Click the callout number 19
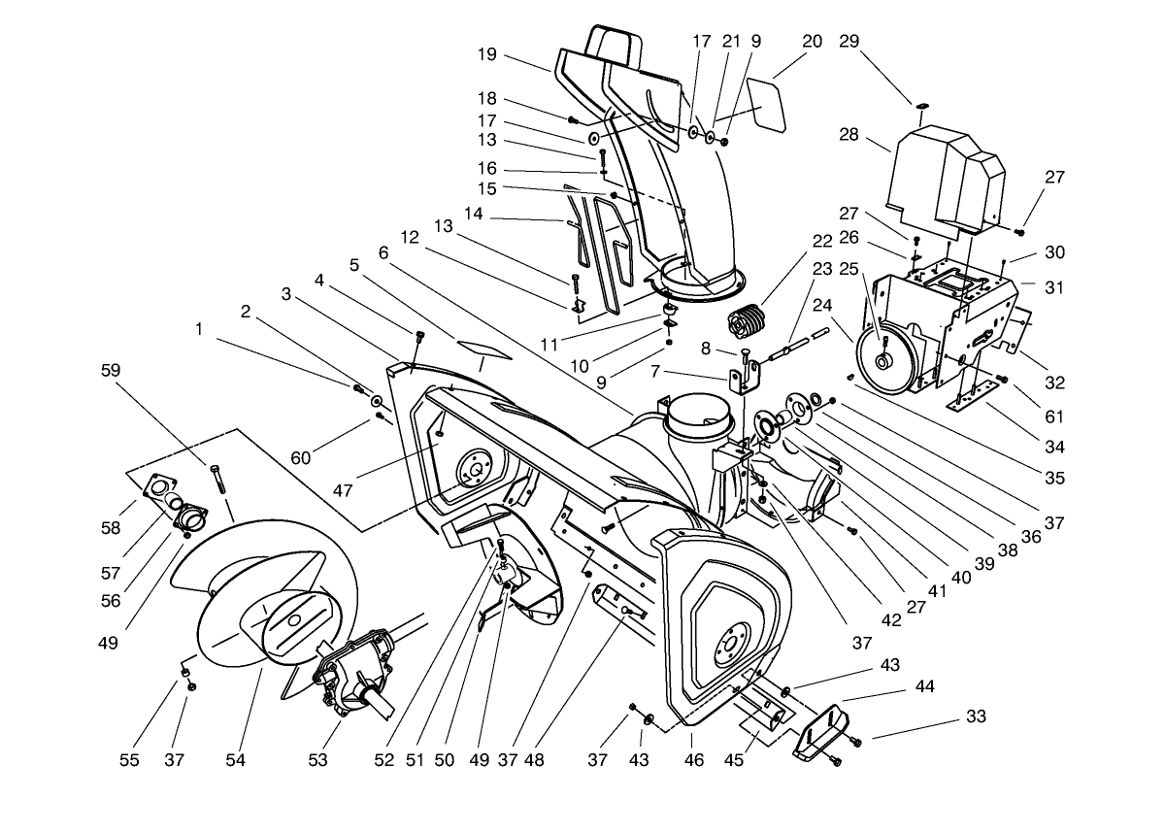(x=486, y=54)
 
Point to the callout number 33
(x=976, y=716)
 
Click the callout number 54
(x=235, y=760)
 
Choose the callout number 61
(x=1054, y=417)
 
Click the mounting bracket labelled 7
(x=746, y=379)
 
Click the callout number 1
(x=199, y=329)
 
